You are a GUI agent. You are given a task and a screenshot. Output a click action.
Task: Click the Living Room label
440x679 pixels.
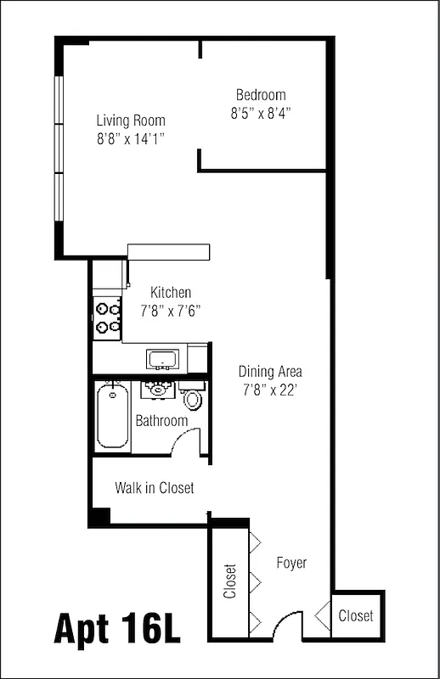(130, 121)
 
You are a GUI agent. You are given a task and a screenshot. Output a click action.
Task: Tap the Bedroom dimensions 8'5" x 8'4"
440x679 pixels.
(261, 112)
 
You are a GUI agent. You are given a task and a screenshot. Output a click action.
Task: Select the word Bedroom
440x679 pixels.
(261, 95)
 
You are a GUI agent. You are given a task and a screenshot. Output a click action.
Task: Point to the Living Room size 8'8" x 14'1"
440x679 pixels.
(130, 138)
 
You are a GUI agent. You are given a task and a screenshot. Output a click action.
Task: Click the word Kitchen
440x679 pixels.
(171, 293)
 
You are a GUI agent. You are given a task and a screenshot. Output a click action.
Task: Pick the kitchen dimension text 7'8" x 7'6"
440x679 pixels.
(171, 311)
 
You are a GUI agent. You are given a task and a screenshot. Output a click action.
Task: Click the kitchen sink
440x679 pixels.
(161, 359)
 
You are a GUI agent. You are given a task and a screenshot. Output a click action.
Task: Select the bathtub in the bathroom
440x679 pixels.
(112, 417)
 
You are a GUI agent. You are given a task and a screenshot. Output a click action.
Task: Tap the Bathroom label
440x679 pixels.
(161, 421)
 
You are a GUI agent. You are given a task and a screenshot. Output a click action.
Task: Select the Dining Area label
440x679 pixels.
(270, 371)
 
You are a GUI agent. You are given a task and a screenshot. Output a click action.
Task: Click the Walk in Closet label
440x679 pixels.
(155, 488)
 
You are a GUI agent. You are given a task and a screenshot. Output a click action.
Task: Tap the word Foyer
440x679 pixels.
(291, 563)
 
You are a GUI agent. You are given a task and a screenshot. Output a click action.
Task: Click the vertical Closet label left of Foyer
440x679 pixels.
(229, 582)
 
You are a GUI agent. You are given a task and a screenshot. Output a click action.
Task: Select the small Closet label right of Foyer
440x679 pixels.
(355, 616)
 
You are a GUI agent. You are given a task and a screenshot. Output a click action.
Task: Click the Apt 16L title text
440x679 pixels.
(118, 629)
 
